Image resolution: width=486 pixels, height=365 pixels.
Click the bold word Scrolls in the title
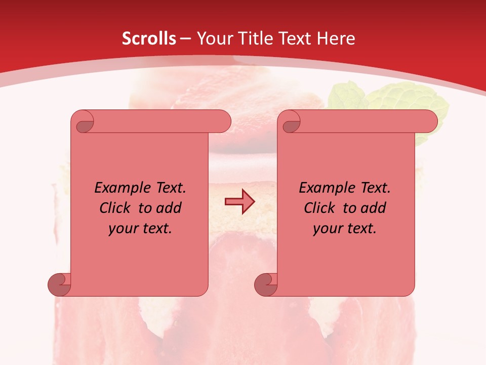[149, 39]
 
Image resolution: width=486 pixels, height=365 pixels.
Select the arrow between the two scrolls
[239, 202]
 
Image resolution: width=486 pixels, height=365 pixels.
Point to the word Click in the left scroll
[116, 208]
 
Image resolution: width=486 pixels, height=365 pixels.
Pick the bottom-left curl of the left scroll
[59, 284]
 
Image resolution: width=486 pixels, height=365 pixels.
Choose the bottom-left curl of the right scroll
[266, 284]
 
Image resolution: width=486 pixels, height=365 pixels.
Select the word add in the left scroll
[169, 208]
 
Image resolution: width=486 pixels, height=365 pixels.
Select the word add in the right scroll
[374, 208]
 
